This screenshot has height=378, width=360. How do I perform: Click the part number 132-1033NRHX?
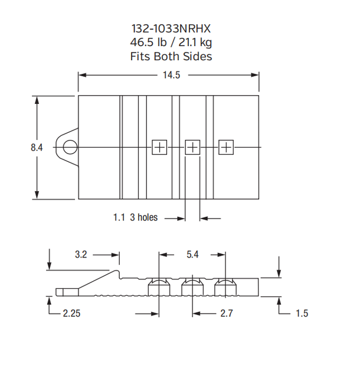coord(171,28)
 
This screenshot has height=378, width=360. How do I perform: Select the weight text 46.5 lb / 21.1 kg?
coord(171,42)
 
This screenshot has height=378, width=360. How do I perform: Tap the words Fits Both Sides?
coord(171,57)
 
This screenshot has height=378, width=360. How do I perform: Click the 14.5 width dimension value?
coord(171,74)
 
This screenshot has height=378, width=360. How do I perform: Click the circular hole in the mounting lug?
coord(70,146)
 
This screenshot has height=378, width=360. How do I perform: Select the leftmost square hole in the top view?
coord(160,147)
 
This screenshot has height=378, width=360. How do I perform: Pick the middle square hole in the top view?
coord(193,147)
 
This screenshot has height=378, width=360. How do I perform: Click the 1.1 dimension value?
coord(119,217)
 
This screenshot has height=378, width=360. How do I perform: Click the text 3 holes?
coord(144,217)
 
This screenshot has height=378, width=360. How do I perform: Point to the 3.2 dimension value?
coord(81,255)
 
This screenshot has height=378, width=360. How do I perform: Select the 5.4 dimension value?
coord(192,255)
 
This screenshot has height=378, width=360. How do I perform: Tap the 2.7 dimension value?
coord(226,313)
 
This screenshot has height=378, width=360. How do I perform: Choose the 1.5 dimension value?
coord(302,313)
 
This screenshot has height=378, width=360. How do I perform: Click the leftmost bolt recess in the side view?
coord(159,286)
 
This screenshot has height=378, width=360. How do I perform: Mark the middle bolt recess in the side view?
coord(192,286)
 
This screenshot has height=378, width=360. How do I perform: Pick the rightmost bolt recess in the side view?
coord(225,286)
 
